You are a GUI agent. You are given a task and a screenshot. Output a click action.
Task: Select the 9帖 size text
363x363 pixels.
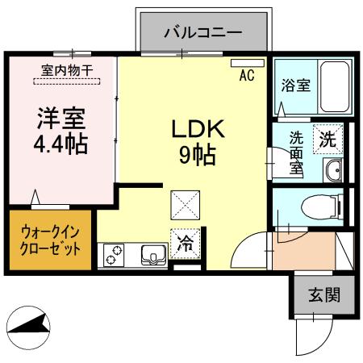196,155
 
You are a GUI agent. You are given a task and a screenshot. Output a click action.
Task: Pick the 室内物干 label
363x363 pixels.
66,70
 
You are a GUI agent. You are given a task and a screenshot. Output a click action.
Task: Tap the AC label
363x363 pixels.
246,78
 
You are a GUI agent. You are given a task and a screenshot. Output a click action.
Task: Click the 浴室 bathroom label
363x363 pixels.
295,86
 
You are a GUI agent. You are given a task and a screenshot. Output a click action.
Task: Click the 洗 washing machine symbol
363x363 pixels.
328,138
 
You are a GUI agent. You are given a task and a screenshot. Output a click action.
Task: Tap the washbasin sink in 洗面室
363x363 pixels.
332,169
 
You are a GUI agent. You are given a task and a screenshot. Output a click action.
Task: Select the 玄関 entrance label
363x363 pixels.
323,294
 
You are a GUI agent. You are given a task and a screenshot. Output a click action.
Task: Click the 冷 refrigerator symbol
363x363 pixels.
184,240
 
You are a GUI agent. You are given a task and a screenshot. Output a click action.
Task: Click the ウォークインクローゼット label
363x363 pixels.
50,241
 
